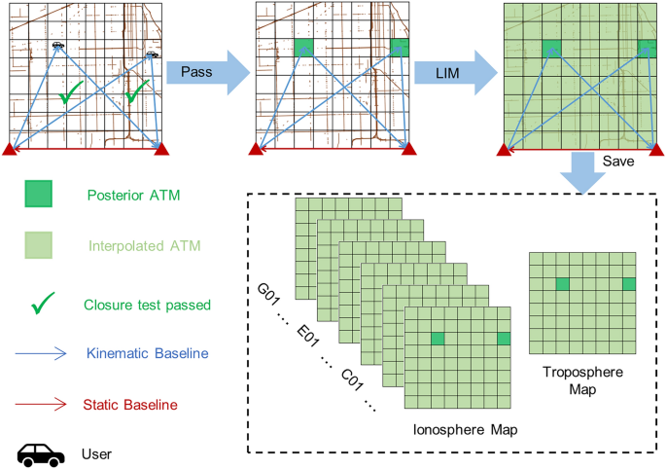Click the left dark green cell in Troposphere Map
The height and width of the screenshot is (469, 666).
tap(562, 284)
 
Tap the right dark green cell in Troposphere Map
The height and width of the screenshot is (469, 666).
tap(629, 284)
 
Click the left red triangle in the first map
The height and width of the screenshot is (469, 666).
tap(10, 149)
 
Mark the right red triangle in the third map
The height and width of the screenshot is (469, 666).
tap(655, 149)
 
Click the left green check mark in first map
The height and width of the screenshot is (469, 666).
tap(69, 93)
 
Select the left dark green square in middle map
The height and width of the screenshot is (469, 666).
tap(304, 48)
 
